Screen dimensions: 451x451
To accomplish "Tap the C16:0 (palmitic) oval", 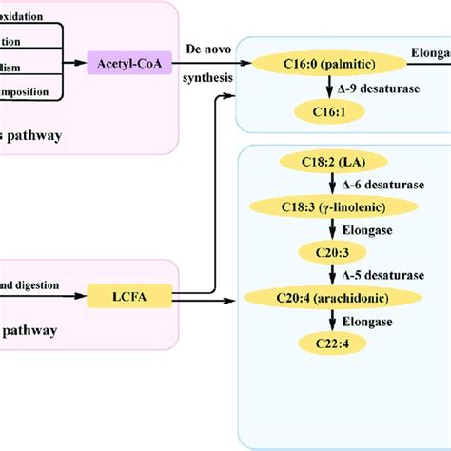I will coord(325,64).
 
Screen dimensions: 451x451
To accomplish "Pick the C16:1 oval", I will coord(325,112).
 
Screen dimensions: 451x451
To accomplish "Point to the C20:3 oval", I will coord(325,251).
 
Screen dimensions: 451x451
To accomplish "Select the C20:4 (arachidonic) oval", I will coord(325,298).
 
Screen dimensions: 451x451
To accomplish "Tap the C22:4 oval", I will coord(325,343).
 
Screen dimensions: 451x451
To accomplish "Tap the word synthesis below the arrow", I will coord(208,79).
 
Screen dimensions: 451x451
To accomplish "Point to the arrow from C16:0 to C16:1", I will coord(325,88).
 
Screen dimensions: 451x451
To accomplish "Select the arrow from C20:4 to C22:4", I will coord(325,321).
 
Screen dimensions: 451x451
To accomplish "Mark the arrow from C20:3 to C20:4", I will coord(325,275).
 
